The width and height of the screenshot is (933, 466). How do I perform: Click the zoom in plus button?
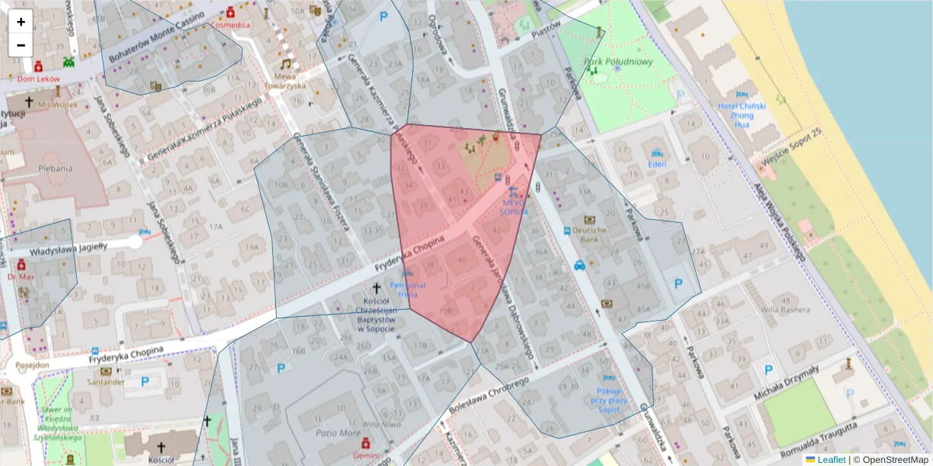20,22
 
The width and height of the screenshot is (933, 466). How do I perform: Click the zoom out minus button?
20,44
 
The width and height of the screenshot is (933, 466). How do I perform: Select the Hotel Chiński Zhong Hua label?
742,114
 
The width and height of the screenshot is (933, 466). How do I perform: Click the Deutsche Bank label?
589,235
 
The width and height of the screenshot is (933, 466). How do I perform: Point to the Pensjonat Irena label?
413,290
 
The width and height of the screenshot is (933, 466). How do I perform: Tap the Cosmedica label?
231,25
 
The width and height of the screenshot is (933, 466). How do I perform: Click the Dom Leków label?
38,78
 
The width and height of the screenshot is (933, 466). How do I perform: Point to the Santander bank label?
106,381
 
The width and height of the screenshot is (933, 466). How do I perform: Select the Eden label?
657,164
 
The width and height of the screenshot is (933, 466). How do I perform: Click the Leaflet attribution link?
831,460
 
